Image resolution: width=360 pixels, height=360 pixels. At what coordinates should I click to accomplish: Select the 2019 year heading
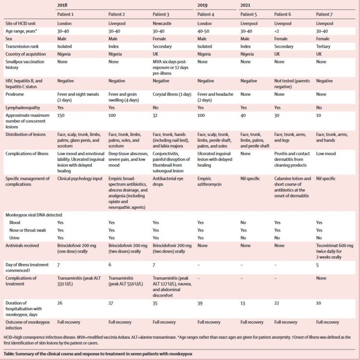205,5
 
